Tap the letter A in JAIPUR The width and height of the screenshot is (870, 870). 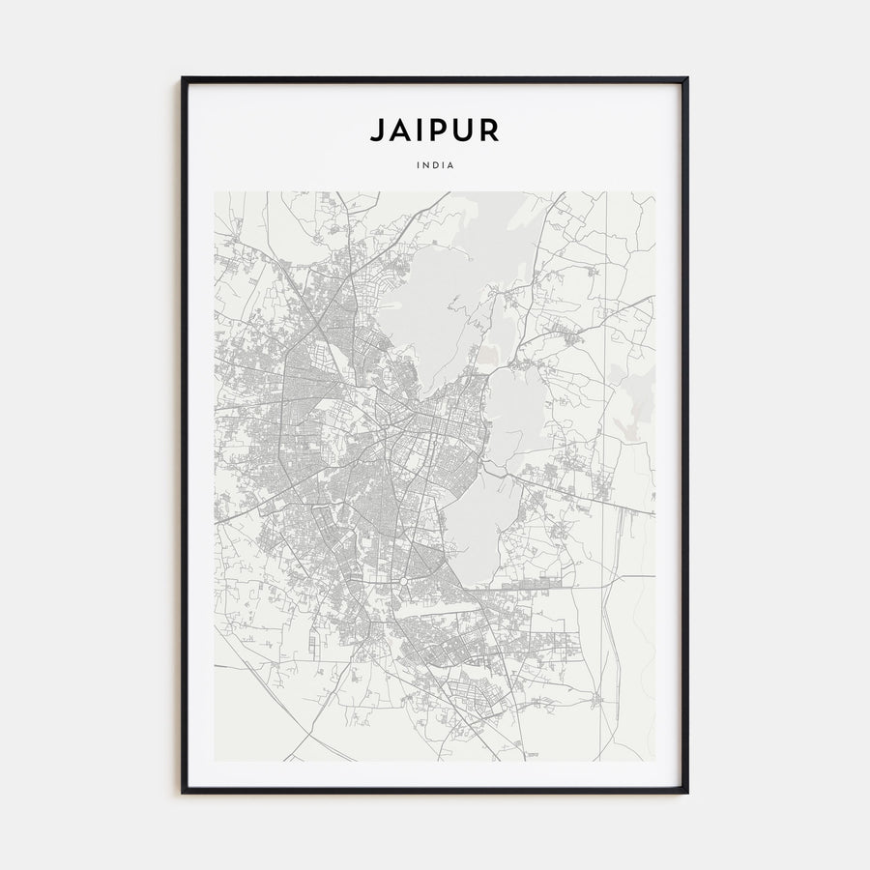click(400, 130)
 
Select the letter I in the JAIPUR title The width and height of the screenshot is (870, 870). click(420, 130)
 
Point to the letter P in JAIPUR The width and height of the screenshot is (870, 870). click(440, 130)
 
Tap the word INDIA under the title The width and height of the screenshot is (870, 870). click(435, 164)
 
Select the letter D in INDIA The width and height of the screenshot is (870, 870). click(435, 164)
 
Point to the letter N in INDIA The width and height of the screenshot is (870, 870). click(426, 164)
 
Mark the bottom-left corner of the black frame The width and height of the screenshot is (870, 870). click(183, 792)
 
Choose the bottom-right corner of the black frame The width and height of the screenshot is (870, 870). click(686, 792)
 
